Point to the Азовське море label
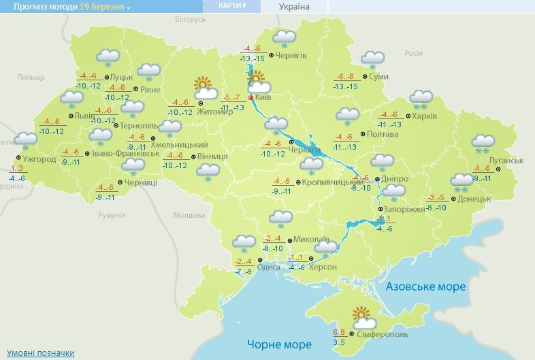pos(425,287)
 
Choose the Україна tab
pos(294,7)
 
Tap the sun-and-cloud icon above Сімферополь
pos(361,316)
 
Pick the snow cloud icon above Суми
pos(372,60)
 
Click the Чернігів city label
pos(292,56)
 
